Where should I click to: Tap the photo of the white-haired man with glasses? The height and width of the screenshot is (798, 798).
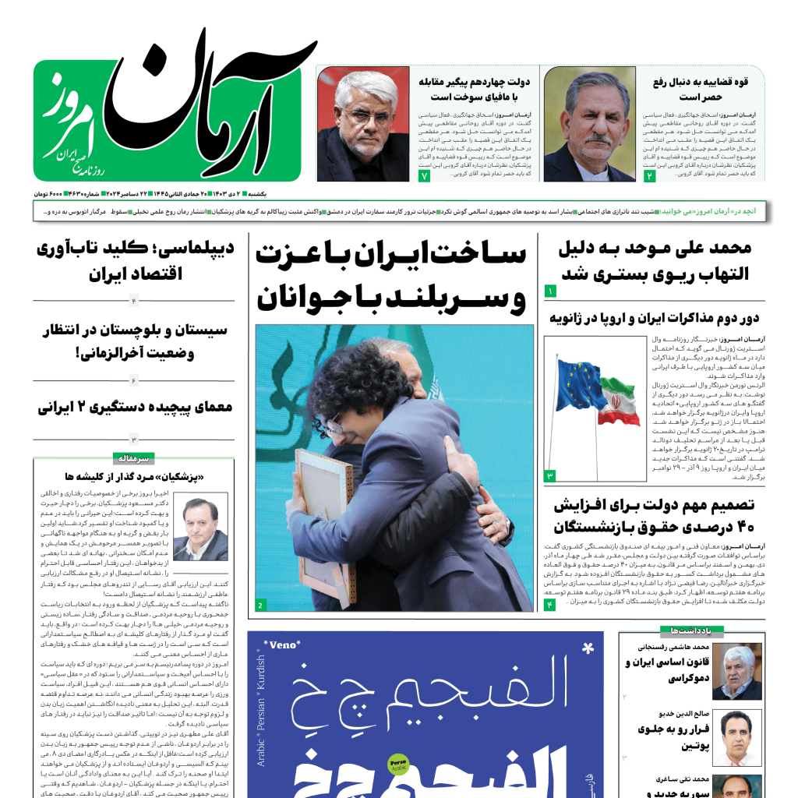pos(363,125)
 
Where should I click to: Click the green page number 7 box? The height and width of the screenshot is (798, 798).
pos(425,177)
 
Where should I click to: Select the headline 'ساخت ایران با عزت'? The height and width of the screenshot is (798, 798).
pos(391,255)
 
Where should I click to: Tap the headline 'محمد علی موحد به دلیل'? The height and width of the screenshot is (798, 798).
pos(655,249)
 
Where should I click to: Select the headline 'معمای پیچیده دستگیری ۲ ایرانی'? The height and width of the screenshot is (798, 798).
pos(135,406)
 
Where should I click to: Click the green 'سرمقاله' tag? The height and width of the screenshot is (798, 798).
pos(134,458)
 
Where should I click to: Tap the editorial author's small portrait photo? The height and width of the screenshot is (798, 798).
pos(200,526)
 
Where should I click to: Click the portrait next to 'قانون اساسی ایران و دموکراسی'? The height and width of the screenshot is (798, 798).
pos(736,671)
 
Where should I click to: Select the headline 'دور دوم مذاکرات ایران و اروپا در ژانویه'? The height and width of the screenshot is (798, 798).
pos(654,318)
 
